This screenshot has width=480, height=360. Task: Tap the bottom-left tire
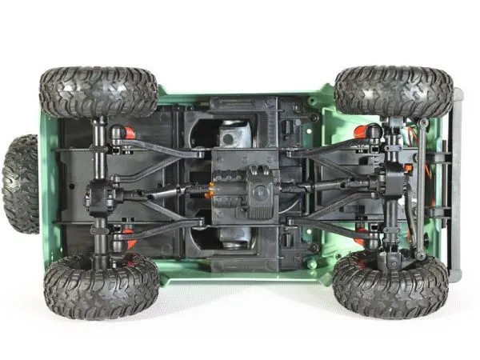point(101,286)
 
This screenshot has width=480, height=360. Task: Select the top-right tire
point(393,90)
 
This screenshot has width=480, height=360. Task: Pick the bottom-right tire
point(390,285)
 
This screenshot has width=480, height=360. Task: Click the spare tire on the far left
point(20,184)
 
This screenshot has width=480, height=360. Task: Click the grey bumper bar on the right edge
point(456,184)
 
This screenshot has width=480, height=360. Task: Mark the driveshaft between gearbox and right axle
point(328,186)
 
